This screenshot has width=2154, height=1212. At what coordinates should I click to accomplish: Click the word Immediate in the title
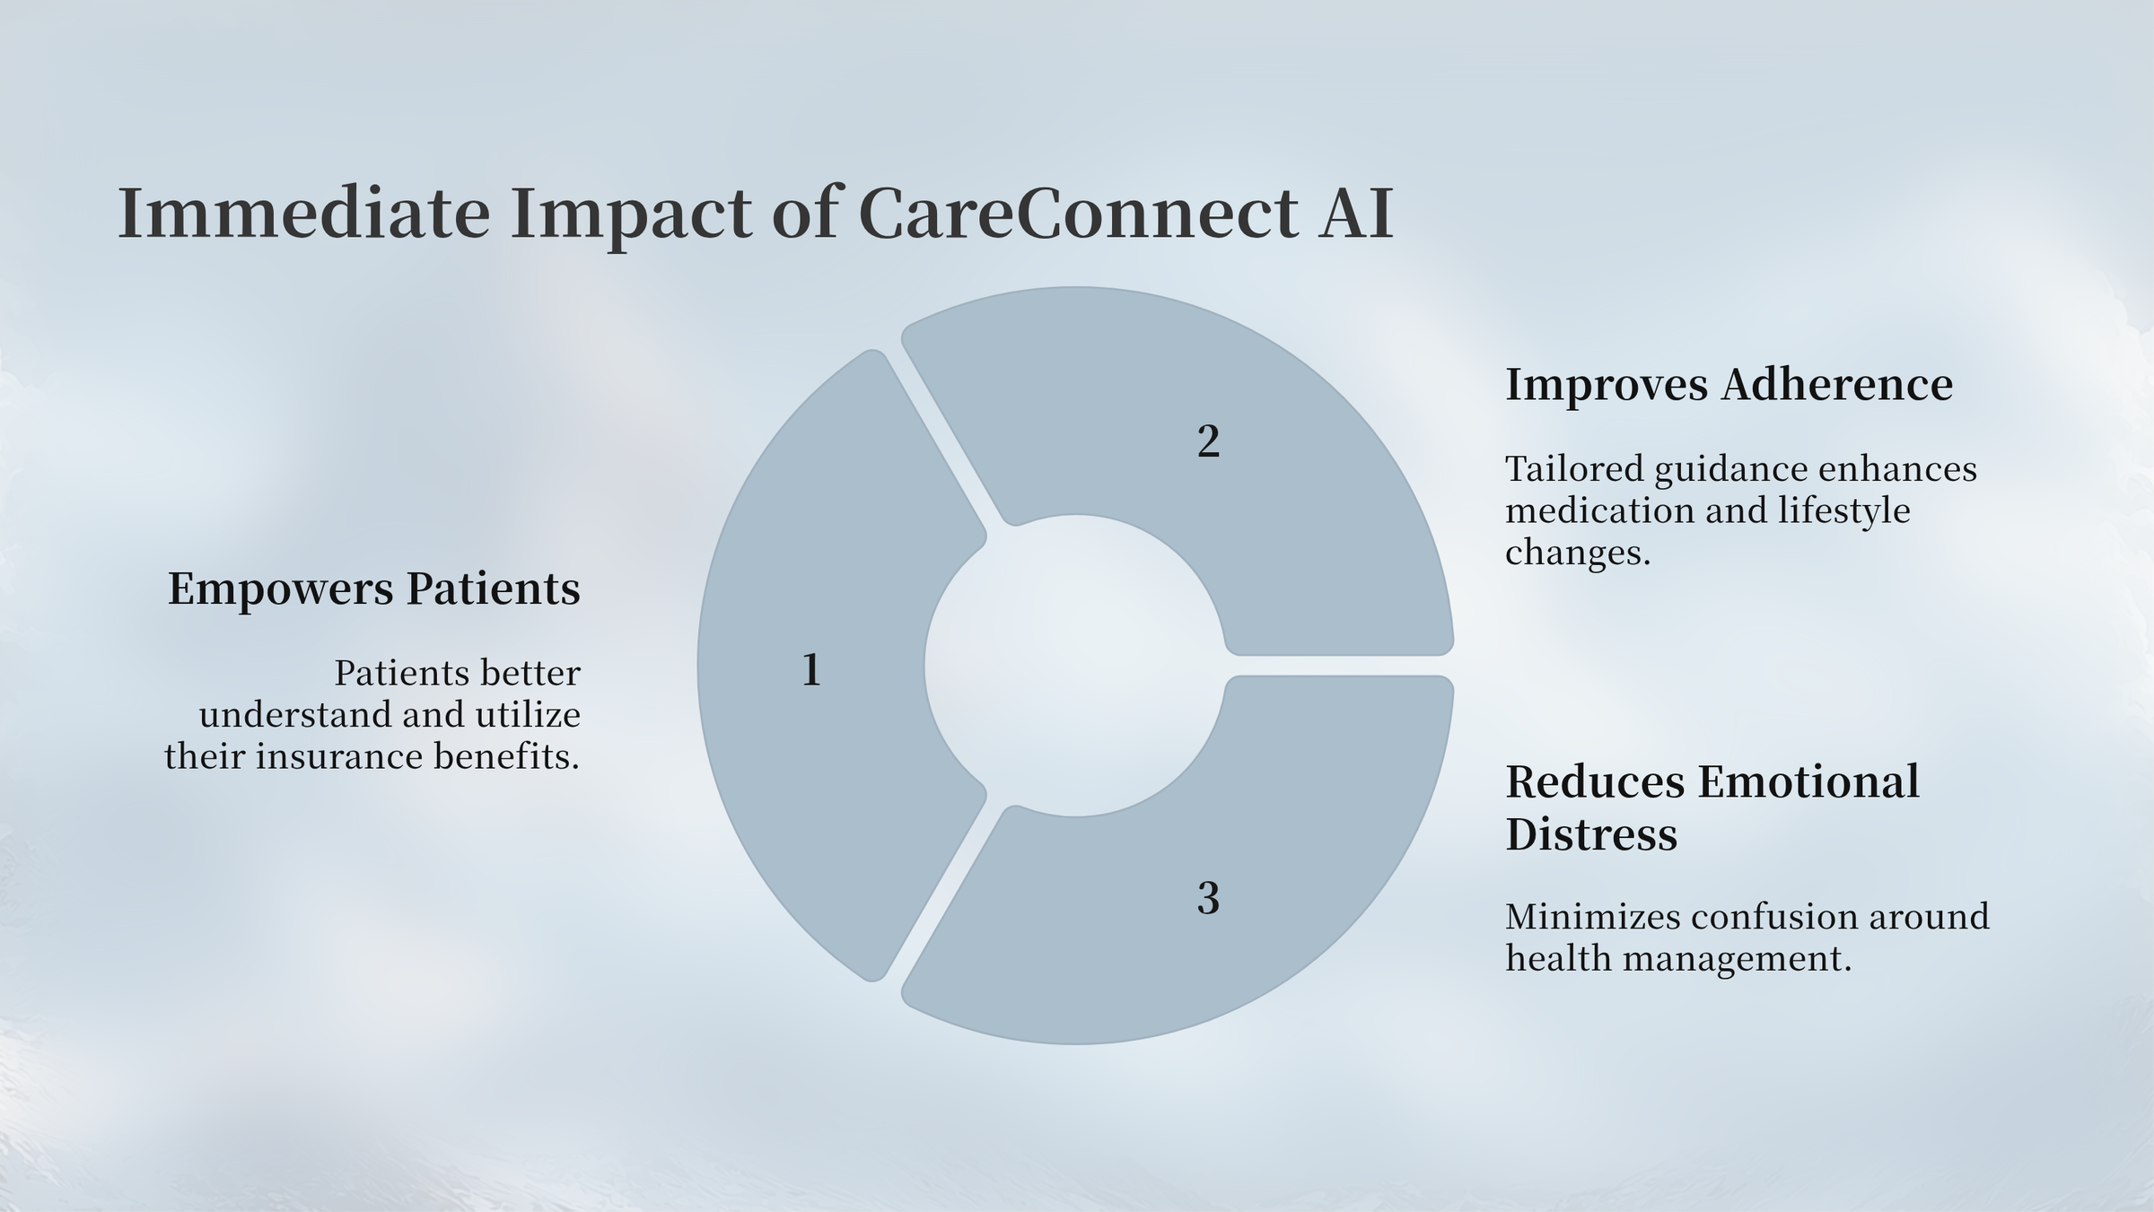tap(304, 214)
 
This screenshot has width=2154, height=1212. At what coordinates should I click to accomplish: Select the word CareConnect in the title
tap(1078, 214)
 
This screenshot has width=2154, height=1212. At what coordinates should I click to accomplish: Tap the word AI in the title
tap(1356, 214)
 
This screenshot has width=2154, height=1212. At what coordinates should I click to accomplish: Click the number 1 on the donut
tap(811, 670)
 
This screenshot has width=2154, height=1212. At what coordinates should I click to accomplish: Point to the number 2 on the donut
tap(1208, 442)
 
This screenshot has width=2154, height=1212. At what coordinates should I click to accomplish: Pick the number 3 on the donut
tap(1208, 898)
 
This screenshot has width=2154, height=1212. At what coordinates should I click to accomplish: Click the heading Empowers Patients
tap(374, 590)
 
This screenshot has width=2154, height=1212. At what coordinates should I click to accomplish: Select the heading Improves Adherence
tap(1729, 386)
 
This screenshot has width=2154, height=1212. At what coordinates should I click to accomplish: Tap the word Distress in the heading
tap(1591, 834)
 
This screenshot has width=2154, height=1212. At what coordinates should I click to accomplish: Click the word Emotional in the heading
tap(1808, 781)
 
